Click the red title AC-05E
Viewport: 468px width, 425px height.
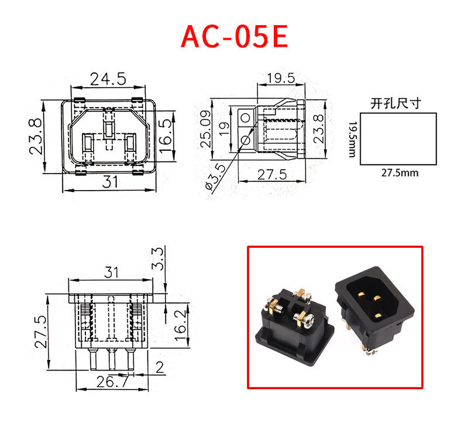point(234,36)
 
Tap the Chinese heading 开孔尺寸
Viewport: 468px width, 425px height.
point(395,104)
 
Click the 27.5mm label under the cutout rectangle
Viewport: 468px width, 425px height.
point(400,173)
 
